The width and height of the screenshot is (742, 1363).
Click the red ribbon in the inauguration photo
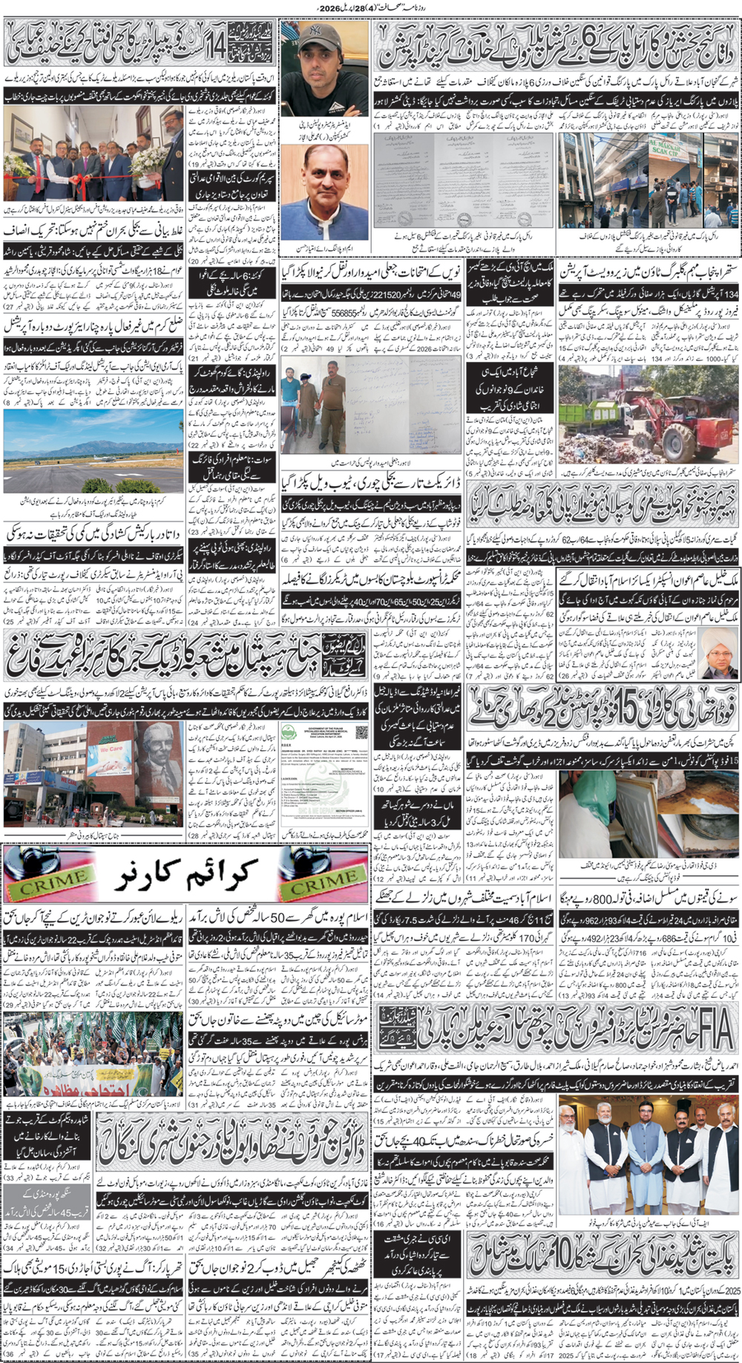[89, 178]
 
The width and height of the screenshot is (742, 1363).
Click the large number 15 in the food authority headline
[614, 710]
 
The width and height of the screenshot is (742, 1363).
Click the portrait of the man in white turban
[718, 654]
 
